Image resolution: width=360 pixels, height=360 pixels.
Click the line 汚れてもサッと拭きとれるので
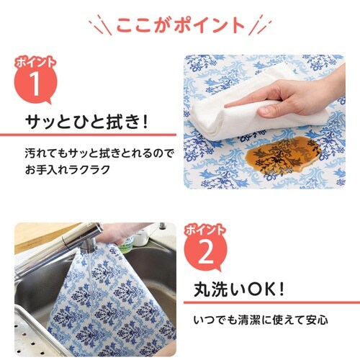pos(89,155)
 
